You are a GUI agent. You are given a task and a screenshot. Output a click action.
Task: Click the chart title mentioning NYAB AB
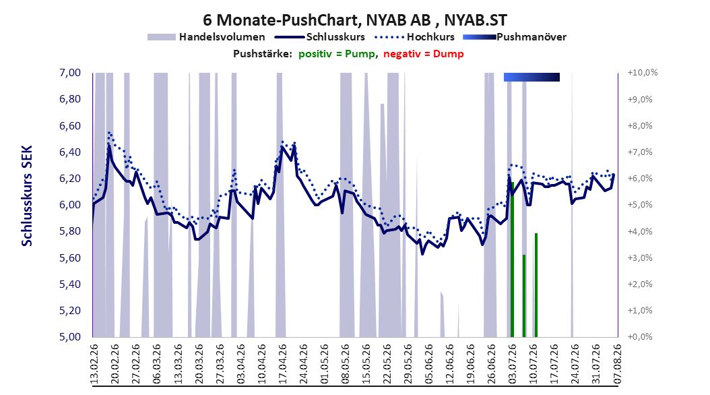click(x=355, y=20)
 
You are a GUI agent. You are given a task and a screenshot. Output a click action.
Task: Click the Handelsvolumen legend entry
click(x=206, y=37)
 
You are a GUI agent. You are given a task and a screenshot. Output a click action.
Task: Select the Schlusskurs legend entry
click(x=320, y=37)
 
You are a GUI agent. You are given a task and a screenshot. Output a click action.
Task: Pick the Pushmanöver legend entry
click(x=515, y=37)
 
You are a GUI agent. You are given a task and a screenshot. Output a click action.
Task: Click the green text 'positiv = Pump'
click(x=337, y=54)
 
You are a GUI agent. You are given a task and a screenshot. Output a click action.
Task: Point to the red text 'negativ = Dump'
click(x=424, y=54)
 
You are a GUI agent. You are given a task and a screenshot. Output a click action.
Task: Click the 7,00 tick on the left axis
click(x=70, y=73)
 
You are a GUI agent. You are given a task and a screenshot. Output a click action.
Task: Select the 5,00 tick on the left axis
click(x=70, y=336)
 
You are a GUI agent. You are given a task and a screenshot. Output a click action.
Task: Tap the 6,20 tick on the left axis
click(x=70, y=178)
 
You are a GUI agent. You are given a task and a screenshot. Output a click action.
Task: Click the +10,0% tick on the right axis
click(x=643, y=73)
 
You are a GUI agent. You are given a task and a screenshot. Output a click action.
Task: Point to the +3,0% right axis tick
click(x=640, y=257)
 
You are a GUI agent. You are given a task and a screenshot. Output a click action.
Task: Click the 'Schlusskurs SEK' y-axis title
click(x=27, y=195)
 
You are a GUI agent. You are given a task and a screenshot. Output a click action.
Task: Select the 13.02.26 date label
click(x=94, y=364)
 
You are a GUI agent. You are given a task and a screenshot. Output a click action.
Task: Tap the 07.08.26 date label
click(x=618, y=364)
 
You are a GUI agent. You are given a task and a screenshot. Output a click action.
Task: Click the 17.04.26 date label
click(x=283, y=364)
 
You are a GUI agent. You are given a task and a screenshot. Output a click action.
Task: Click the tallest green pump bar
click(x=512, y=260)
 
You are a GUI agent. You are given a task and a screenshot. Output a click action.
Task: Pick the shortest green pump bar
click(x=524, y=296)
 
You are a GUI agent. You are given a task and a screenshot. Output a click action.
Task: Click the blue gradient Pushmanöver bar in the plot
click(x=531, y=77)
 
